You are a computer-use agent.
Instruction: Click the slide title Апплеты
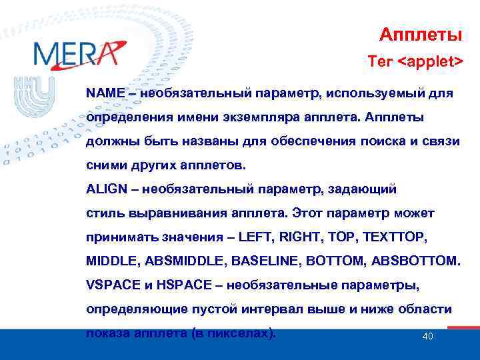point(421,33)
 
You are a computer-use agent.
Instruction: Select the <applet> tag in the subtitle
point(430,62)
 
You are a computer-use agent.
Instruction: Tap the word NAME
point(105,93)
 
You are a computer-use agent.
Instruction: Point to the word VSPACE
point(111,285)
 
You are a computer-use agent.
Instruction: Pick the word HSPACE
point(181,285)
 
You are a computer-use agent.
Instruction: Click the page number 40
point(428,336)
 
